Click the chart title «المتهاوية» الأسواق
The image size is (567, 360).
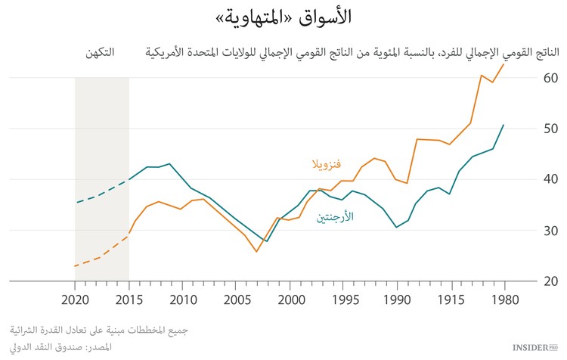pyautogui.click(x=284, y=16)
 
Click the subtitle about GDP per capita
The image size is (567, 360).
pyautogui.click(x=352, y=54)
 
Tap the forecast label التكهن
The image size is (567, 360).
pyautogui.click(x=101, y=54)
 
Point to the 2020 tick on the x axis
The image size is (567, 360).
pyautogui.click(x=76, y=299)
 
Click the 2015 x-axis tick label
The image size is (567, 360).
pyautogui.click(x=129, y=299)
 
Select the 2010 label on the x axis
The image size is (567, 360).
pyautogui.click(x=183, y=299)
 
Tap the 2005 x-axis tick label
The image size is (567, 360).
pyautogui.click(x=237, y=299)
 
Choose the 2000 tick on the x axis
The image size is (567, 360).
pyautogui.click(x=290, y=299)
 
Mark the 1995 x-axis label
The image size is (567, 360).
pyautogui.click(x=344, y=299)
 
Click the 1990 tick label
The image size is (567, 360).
pyautogui.click(x=398, y=299)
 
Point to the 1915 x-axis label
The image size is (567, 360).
pyautogui.click(x=451, y=299)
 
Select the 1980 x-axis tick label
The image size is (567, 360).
pyautogui.click(x=504, y=299)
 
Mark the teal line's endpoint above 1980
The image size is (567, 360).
pyautogui.click(x=503, y=125)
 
